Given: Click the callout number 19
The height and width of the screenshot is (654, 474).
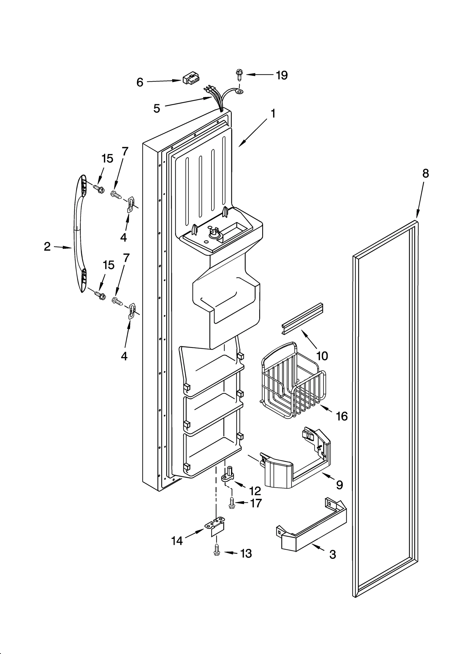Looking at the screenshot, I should click(x=281, y=75).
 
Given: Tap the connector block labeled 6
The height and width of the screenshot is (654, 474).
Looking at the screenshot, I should click(x=191, y=79).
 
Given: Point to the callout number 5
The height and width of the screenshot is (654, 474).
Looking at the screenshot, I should click(x=157, y=109).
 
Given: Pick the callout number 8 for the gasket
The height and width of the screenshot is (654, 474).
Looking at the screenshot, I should click(x=425, y=173).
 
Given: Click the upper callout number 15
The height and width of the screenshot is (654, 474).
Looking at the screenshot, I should click(x=108, y=159).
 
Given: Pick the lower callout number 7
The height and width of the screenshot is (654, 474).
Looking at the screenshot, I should click(x=126, y=258).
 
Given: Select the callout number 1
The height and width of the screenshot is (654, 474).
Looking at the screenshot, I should click(x=273, y=113).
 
